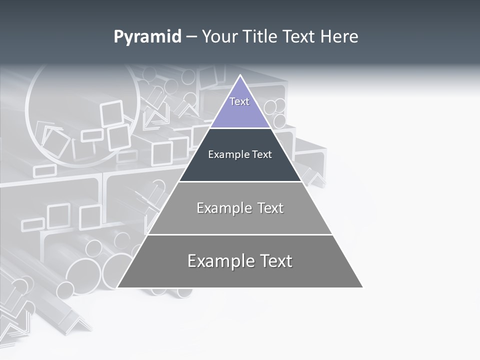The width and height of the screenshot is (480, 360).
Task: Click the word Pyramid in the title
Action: (x=147, y=37)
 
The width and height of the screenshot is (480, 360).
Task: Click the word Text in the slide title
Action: (x=299, y=37)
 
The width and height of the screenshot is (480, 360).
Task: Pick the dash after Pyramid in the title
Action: (x=191, y=37)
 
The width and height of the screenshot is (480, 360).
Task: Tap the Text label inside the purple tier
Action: (x=239, y=101)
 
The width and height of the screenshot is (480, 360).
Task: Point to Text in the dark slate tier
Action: (x=262, y=154)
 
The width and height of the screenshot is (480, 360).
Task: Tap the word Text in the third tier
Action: (x=270, y=208)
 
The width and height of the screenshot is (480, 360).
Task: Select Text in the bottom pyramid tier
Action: (x=276, y=261)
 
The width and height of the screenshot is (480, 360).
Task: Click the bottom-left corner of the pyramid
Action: (x=118, y=287)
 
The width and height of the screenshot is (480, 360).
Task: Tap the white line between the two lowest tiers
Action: (x=240, y=234)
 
